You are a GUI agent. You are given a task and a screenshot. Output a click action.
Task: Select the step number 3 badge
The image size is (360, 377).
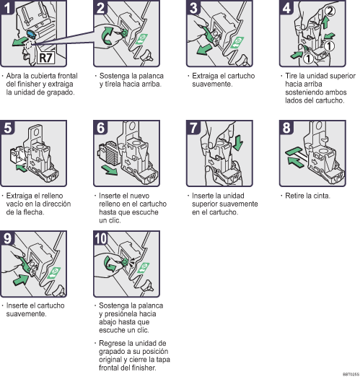194,10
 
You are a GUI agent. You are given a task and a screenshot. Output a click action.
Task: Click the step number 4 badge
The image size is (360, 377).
286,10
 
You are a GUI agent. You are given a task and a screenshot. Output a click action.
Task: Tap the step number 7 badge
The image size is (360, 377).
194,128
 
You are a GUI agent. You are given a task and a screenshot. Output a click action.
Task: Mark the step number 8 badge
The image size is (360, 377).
286,128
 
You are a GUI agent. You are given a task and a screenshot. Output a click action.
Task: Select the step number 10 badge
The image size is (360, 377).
103,239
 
